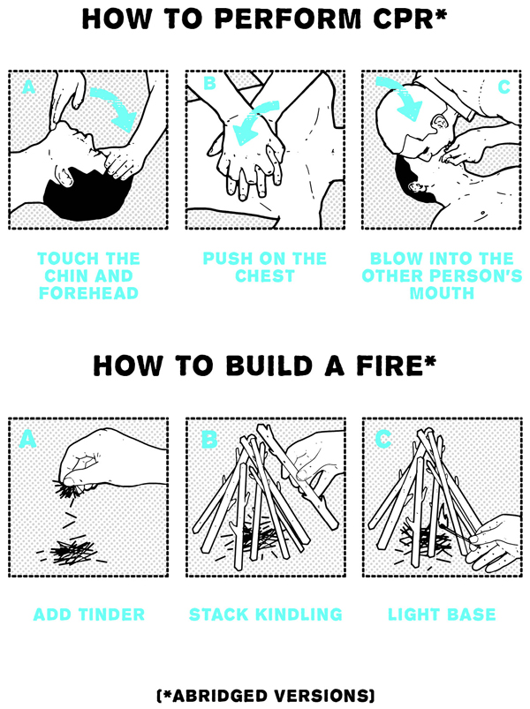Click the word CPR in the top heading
(404, 19)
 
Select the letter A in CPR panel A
(28, 87)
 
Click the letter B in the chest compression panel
(210, 83)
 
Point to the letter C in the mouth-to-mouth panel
(503, 87)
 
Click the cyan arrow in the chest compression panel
(254, 121)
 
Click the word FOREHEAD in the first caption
(88, 293)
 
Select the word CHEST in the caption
(265, 275)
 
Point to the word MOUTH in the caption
(442, 293)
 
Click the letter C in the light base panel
(383, 438)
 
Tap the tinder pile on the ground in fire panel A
(72, 552)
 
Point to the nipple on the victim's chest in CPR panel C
(482, 212)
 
